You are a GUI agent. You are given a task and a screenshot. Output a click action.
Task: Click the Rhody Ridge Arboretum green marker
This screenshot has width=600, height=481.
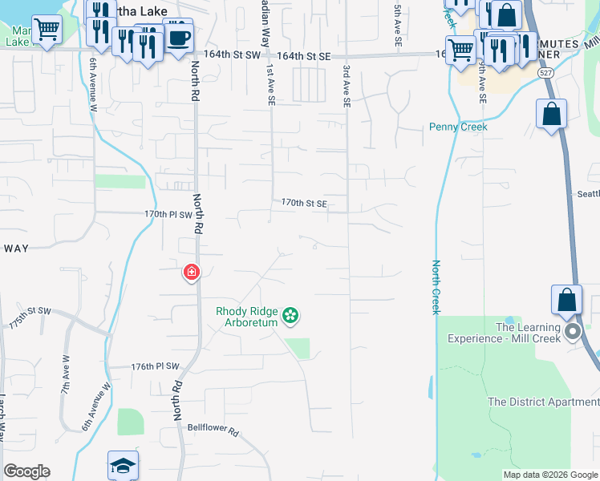[x=290, y=317]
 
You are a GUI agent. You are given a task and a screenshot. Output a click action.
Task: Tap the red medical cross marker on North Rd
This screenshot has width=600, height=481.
[x=192, y=273]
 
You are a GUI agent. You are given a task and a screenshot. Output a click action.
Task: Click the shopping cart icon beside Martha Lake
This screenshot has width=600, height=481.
[x=47, y=30]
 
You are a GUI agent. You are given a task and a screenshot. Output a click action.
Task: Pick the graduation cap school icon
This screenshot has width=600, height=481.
[x=123, y=465]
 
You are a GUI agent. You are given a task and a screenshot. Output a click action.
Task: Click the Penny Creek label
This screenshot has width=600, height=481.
[x=458, y=127]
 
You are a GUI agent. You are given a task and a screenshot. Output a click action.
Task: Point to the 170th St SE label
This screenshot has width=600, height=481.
[x=304, y=204]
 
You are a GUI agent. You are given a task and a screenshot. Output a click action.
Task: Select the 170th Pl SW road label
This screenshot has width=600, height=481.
[x=168, y=215]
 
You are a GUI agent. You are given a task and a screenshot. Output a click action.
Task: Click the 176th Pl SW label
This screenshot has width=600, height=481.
[x=155, y=366]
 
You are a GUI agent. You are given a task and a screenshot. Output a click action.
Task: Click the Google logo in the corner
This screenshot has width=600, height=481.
[x=26, y=471]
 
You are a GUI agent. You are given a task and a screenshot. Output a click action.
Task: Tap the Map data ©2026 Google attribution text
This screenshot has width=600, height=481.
[x=549, y=475]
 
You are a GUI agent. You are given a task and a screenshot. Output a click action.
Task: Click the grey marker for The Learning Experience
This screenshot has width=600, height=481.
[x=572, y=332]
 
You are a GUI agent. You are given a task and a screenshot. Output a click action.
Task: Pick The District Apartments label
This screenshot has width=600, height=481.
[x=543, y=402]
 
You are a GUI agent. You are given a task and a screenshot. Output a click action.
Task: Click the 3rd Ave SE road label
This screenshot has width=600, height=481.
[x=347, y=87]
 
